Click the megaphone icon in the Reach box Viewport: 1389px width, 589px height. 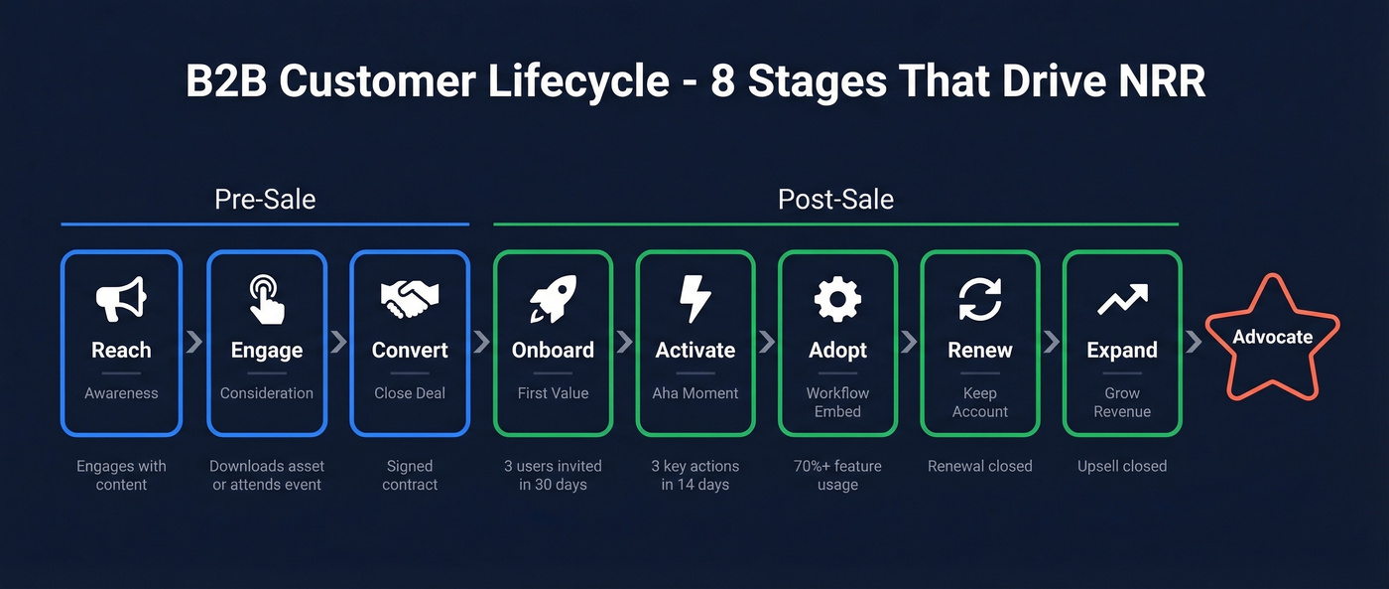121,298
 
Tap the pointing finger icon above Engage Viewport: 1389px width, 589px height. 266,299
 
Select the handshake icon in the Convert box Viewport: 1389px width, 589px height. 410,298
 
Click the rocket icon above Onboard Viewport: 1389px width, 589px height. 553,299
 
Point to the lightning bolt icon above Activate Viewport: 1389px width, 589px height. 694,299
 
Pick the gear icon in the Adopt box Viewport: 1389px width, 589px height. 837,299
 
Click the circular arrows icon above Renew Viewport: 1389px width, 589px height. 979,299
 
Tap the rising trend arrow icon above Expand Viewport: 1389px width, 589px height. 1122,299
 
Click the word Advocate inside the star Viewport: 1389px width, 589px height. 1272,337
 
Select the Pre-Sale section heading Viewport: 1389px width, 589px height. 265,199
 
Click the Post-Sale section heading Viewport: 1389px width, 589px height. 835,199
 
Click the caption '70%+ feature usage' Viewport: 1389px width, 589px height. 837,475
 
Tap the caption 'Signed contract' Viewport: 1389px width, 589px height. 410,475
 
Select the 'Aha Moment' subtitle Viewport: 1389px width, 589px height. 694,393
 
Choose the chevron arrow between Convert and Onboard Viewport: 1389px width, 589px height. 482,342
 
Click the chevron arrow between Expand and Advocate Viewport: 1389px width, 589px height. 1194,342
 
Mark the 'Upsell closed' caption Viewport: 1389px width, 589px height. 1122,466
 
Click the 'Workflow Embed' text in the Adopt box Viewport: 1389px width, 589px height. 837,402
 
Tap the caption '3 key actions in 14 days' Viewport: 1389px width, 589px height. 694,475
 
